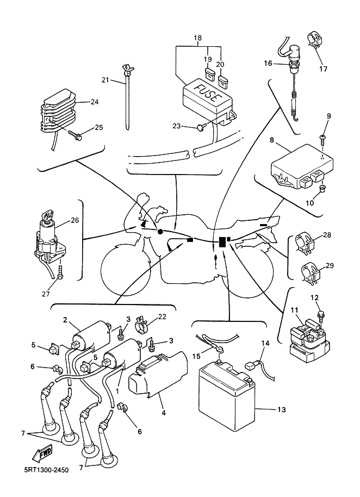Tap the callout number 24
click(x=95, y=102)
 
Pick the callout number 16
click(x=268, y=64)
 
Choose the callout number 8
click(x=271, y=140)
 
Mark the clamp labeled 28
click(x=305, y=243)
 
